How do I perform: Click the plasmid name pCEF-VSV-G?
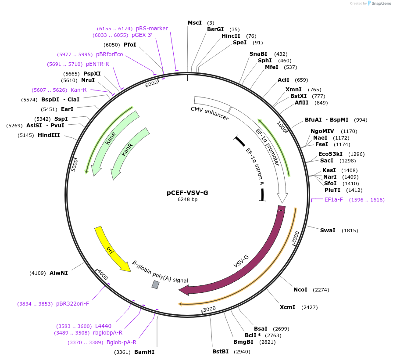coord(187,192)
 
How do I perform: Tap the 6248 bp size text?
coord(187,199)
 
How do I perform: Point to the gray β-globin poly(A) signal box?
coord(155,284)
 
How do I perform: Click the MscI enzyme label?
coord(195,22)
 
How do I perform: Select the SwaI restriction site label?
coord(328,230)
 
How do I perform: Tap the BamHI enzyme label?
coord(144,352)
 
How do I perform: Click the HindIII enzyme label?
coord(49,135)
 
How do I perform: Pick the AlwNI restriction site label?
coord(59,273)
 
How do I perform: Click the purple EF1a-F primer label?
coord(334,200)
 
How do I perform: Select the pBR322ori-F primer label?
coord(72,303)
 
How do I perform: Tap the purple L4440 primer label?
coord(103,326)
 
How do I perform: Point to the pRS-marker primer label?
coord(152,29)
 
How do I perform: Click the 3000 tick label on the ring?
coord(209,309)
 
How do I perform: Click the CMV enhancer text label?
coord(210,113)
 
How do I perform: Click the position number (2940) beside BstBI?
coord(242,352)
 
